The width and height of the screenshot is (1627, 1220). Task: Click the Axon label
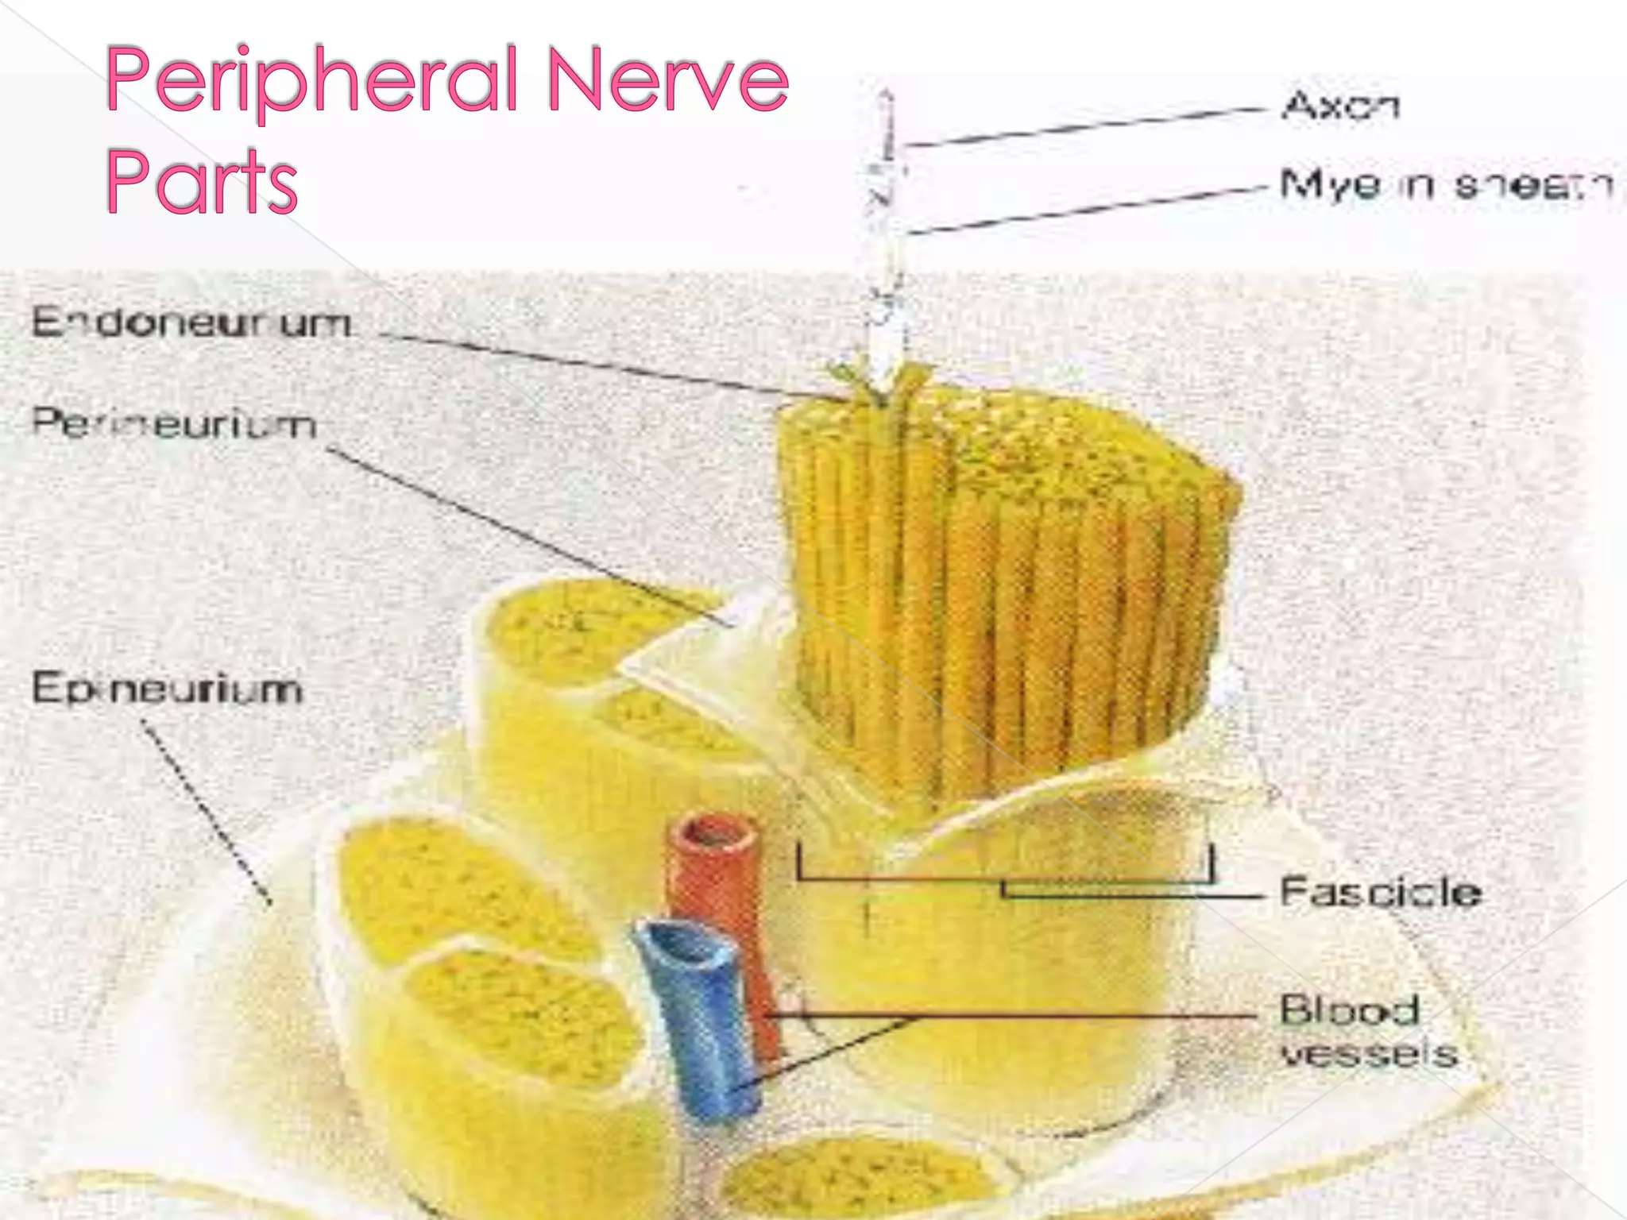pyautogui.click(x=1341, y=106)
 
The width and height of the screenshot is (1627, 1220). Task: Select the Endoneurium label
pyautogui.click(x=191, y=323)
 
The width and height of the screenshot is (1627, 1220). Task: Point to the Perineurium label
pyautogui.click(x=174, y=423)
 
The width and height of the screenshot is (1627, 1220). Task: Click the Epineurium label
pyautogui.click(x=168, y=688)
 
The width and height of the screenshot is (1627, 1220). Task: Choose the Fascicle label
pyautogui.click(x=1381, y=892)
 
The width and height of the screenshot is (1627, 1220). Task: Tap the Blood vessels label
pyautogui.click(x=1368, y=1031)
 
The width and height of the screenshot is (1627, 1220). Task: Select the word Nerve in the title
pyautogui.click(x=667, y=80)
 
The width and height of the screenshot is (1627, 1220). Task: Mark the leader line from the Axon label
pyautogui.click(x=1088, y=127)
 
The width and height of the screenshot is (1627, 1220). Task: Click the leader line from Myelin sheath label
pyautogui.click(x=1088, y=210)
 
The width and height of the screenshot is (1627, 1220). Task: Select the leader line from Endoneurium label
pyautogui.click(x=604, y=365)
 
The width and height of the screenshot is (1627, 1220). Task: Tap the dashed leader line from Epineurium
pyautogui.click(x=207, y=810)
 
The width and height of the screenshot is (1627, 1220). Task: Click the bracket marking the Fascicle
pyautogui.click(x=1005, y=878)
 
